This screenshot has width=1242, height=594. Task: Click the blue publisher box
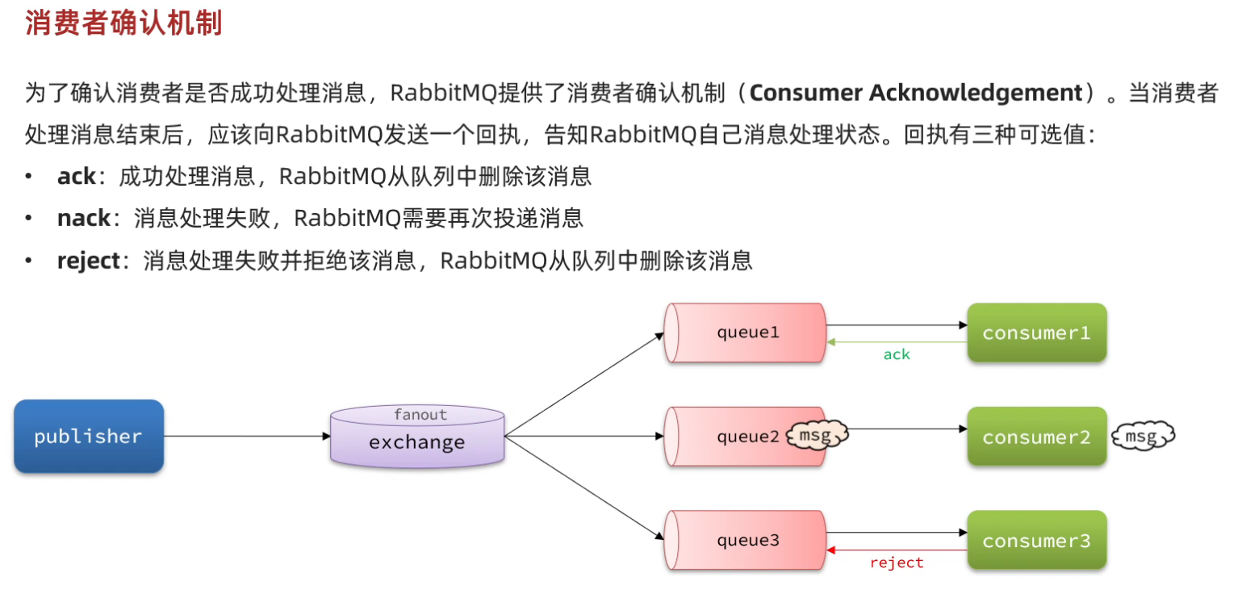click(x=89, y=436)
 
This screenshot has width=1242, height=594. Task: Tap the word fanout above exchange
click(x=420, y=415)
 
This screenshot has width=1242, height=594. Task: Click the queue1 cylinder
click(x=745, y=333)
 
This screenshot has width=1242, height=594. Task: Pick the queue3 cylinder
click(x=745, y=541)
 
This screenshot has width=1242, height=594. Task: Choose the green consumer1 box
click(x=1036, y=333)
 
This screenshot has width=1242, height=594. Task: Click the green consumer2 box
click(x=1036, y=437)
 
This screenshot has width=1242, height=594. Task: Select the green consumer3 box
click(x=1036, y=540)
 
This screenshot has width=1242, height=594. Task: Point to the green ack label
click(x=896, y=354)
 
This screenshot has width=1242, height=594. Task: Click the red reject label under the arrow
click(x=896, y=563)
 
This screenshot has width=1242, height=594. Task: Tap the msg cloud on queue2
click(x=817, y=437)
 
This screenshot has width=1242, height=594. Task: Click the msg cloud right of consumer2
click(x=1141, y=437)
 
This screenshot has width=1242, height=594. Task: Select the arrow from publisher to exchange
click(x=247, y=437)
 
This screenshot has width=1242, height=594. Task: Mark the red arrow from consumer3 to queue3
click(x=896, y=550)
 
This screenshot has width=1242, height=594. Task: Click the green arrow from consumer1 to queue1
click(x=896, y=342)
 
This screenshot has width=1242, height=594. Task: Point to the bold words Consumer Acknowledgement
click(x=915, y=93)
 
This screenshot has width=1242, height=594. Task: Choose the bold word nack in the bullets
click(x=83, y=218)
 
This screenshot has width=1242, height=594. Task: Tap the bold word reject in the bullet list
click(x=88, y=261)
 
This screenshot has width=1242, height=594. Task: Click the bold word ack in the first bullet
click(x=76, y=176)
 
